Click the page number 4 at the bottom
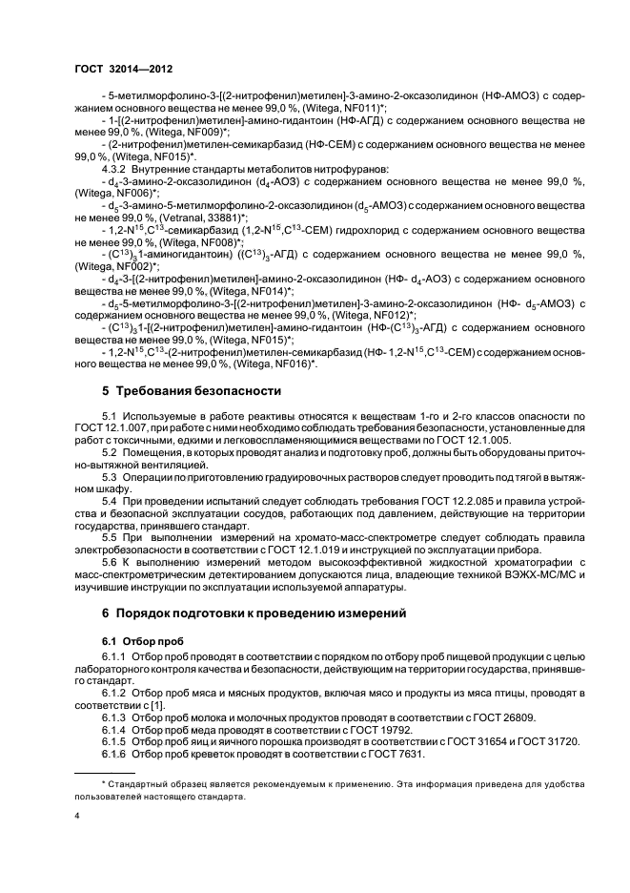point(77,817)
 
